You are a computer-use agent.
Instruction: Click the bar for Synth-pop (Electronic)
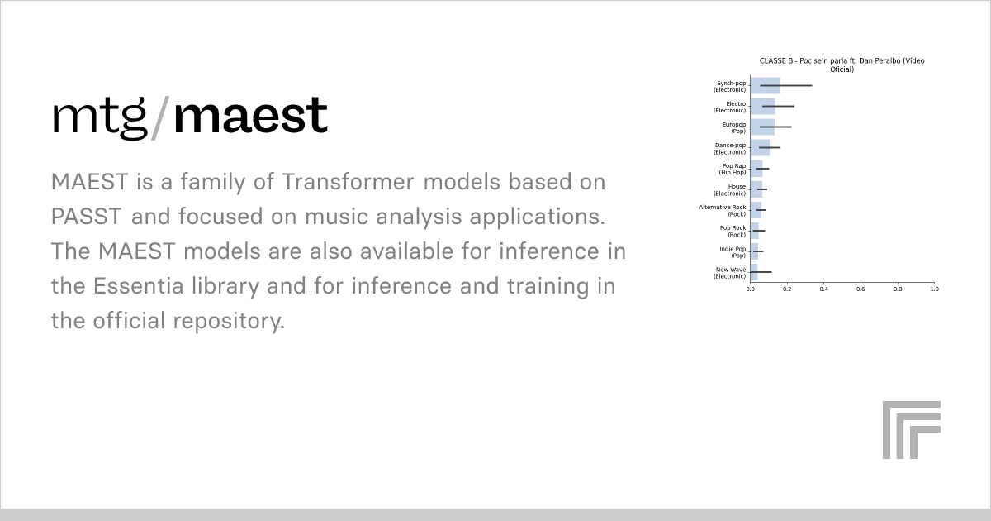[765, 86]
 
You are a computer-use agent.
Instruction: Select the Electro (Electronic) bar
[762, 107]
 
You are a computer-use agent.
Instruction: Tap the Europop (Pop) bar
[761, 127]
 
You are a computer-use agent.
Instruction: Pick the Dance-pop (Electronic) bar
[760, 148]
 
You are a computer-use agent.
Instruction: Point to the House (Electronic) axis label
[730, 189]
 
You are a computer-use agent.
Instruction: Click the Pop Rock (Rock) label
[733, 231]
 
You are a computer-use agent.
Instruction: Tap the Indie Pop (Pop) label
[733, 251]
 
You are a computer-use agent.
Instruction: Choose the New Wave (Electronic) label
[730, 272]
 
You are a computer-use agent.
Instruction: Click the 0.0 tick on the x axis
[751, 289]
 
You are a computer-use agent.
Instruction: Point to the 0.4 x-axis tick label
[823, 289]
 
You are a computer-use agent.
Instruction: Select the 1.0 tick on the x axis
[933, 289]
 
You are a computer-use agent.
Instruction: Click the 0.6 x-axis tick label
[861, 289]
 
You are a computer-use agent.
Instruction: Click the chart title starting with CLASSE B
[842, 65]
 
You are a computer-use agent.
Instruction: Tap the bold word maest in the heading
[250, 117]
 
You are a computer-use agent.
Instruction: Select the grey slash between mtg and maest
[160, 117]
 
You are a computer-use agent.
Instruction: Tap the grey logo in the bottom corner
[911, 429]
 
